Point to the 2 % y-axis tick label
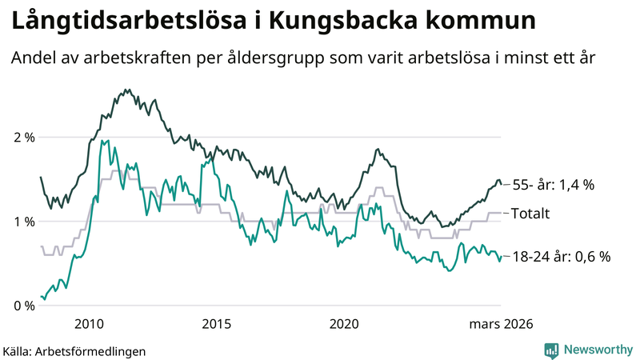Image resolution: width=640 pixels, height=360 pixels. [x=24, y=138]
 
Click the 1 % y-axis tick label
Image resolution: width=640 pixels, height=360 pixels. [x=24, y=222]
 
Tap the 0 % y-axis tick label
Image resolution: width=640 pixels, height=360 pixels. [x=24, y=306]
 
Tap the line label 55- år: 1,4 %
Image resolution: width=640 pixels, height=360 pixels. [x=554, y=185]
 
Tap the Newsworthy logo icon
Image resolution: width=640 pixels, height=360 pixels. [x=551, y=350]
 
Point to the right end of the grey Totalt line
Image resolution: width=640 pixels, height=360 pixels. [x=501, y=213]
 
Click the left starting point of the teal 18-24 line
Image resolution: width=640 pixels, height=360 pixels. [x=41, y=297]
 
